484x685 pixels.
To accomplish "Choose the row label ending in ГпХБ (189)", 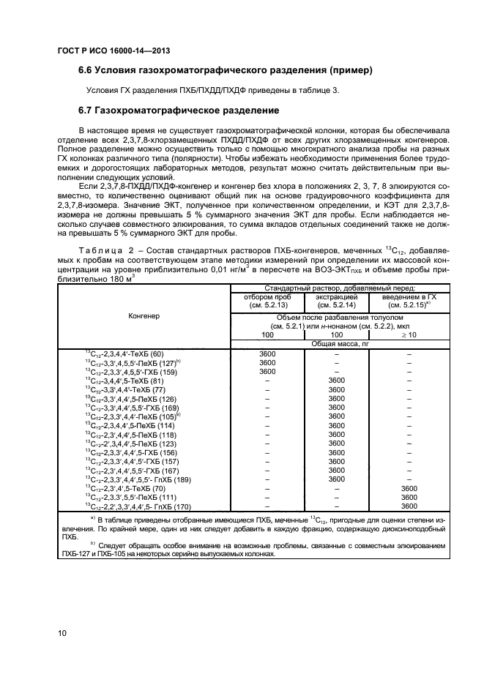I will click(x=138, y=479).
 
